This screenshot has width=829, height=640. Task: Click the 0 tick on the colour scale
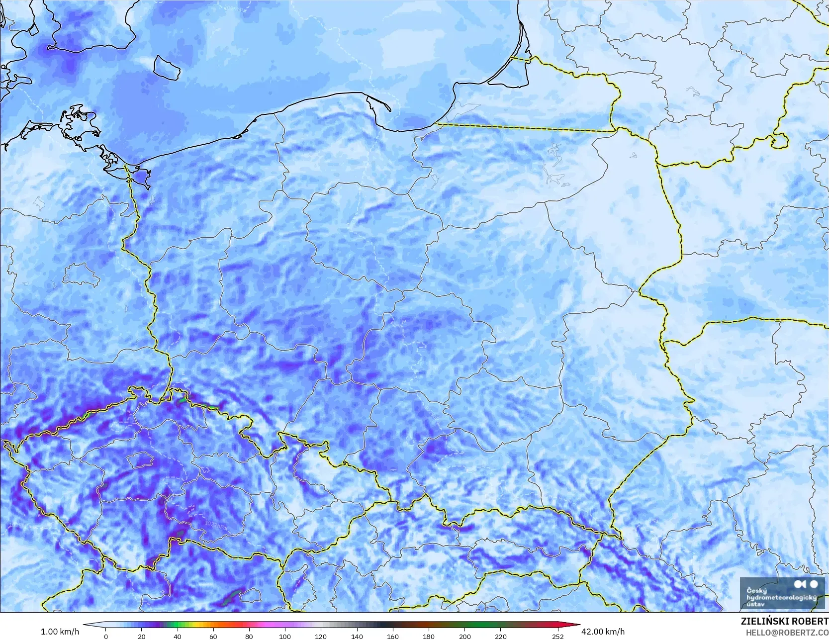tap(106, 636)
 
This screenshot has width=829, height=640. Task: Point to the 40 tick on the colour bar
tap(178, 636)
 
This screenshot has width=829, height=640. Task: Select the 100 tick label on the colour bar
tap(284, 636)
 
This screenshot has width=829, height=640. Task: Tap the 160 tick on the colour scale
tap(392, 636)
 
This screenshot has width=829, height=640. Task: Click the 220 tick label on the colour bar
tap(500, 636)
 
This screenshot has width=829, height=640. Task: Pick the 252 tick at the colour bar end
tap(557, 636)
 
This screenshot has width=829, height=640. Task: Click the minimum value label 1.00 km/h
tap(60, 632)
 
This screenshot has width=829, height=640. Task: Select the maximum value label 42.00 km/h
tap(603, 632)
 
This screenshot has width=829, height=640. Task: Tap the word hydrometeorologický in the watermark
tap(781, 598)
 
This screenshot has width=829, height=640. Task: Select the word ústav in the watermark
tap(756, 604)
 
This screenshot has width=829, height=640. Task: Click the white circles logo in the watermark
tap(806, 584)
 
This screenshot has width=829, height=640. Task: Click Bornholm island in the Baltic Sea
tap(167, 67)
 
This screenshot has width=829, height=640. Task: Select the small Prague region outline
tap(140, 460)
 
